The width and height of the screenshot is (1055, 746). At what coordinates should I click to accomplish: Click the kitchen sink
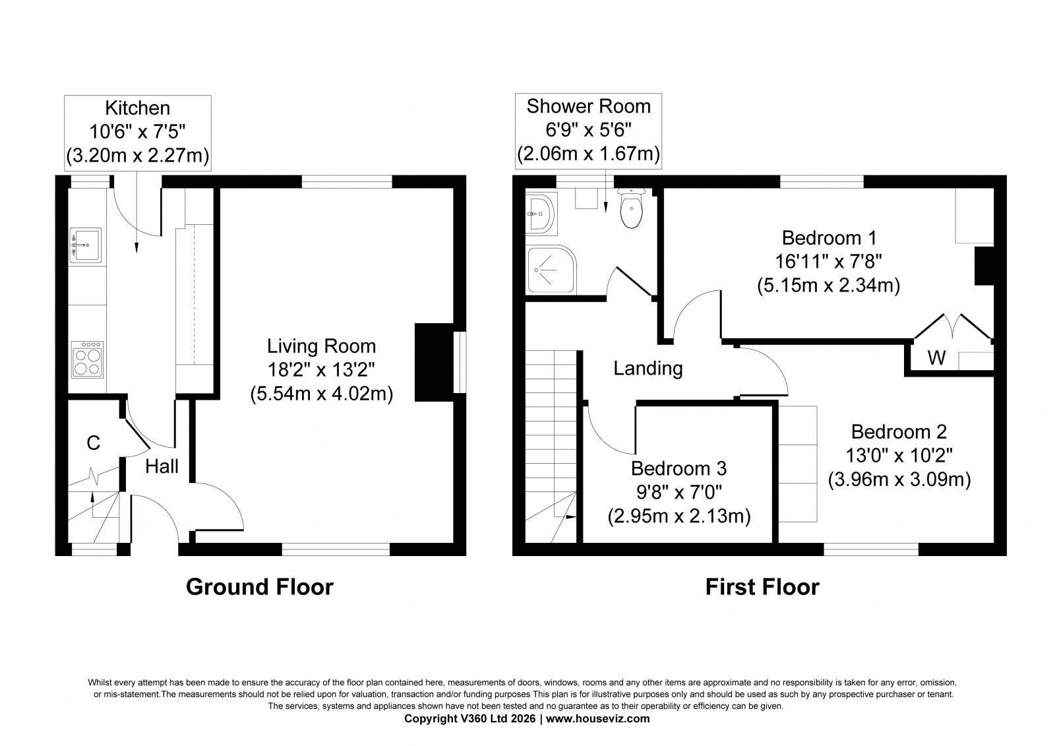click(x=86, y=245)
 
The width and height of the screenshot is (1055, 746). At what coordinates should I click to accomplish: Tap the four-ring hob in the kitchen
click(x=87, y=359)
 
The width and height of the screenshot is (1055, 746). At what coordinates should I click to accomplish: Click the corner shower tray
click(x=551, y=270)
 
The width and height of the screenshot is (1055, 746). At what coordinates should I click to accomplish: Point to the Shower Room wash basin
click(x=541, y=214)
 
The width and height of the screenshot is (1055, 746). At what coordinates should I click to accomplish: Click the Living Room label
click(x=322, y=346)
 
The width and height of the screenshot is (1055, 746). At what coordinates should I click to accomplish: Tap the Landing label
click(x=648, y=369)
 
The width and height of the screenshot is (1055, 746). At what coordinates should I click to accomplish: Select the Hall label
click(x=162, y=466)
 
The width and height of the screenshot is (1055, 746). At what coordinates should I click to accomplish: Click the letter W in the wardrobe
click(x=936, y=358)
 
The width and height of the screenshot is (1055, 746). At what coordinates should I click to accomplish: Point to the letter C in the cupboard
click(x=93, y=443)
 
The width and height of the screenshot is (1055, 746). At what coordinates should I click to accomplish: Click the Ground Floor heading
click(x=260, y=587)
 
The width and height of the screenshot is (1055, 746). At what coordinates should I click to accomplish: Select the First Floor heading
click(x=762, y=587)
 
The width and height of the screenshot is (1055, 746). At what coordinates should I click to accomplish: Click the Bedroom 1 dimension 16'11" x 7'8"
click(x=828, y=262)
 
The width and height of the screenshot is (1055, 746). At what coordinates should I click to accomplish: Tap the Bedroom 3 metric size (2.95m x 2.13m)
click(x=678, y=516)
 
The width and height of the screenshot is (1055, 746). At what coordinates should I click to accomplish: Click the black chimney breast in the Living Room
click(x=434, y=362)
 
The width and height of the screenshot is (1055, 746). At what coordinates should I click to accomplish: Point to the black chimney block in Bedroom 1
click(x=984, y=266)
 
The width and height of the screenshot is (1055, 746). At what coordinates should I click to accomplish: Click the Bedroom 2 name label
click(x=899, y=431)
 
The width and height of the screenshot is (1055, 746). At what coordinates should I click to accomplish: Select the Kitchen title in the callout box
click(x=138, y=108)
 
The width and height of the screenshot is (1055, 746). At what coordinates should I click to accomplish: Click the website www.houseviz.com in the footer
click(x=597, y=719)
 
